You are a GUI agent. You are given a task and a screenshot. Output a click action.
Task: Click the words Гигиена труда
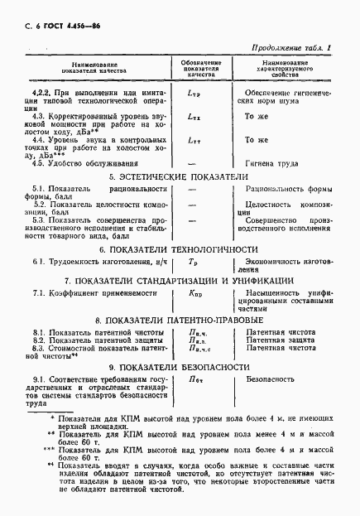click(x=267, y=162)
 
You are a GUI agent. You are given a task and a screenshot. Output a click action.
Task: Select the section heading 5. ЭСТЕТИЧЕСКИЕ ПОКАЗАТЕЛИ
click(x=180, y=177)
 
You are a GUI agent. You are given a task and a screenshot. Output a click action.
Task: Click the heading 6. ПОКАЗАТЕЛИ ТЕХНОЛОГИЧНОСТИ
click(x=180, y=248)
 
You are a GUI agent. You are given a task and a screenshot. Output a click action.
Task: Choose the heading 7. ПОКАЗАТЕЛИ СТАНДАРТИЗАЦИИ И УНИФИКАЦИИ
click(x=180, y=282)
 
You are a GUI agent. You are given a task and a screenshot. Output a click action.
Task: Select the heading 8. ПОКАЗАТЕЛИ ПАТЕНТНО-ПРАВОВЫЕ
click(x=180, y=319)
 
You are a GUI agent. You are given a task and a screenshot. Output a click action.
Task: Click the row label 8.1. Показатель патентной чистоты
click(x=91, y=331)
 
